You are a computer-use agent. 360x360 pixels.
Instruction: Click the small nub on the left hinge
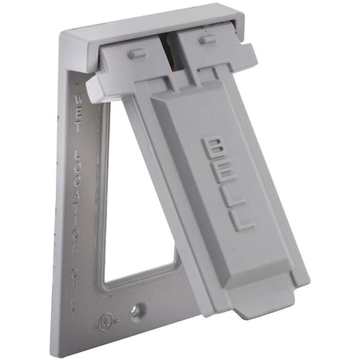(x=137, y=54)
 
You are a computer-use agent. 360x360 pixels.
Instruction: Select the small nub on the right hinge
(x=208, y=39)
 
